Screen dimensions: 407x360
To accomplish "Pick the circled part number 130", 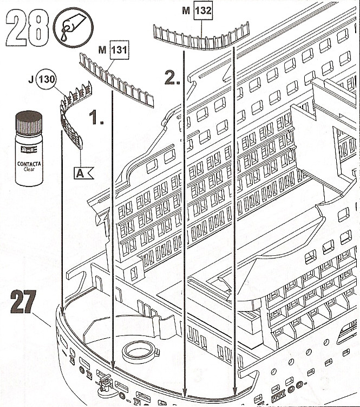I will coord(47,80).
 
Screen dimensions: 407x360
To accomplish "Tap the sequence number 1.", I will coord(96,118).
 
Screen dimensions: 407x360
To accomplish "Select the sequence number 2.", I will coord(172,79).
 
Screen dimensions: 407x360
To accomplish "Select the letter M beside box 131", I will coord(101,51).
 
